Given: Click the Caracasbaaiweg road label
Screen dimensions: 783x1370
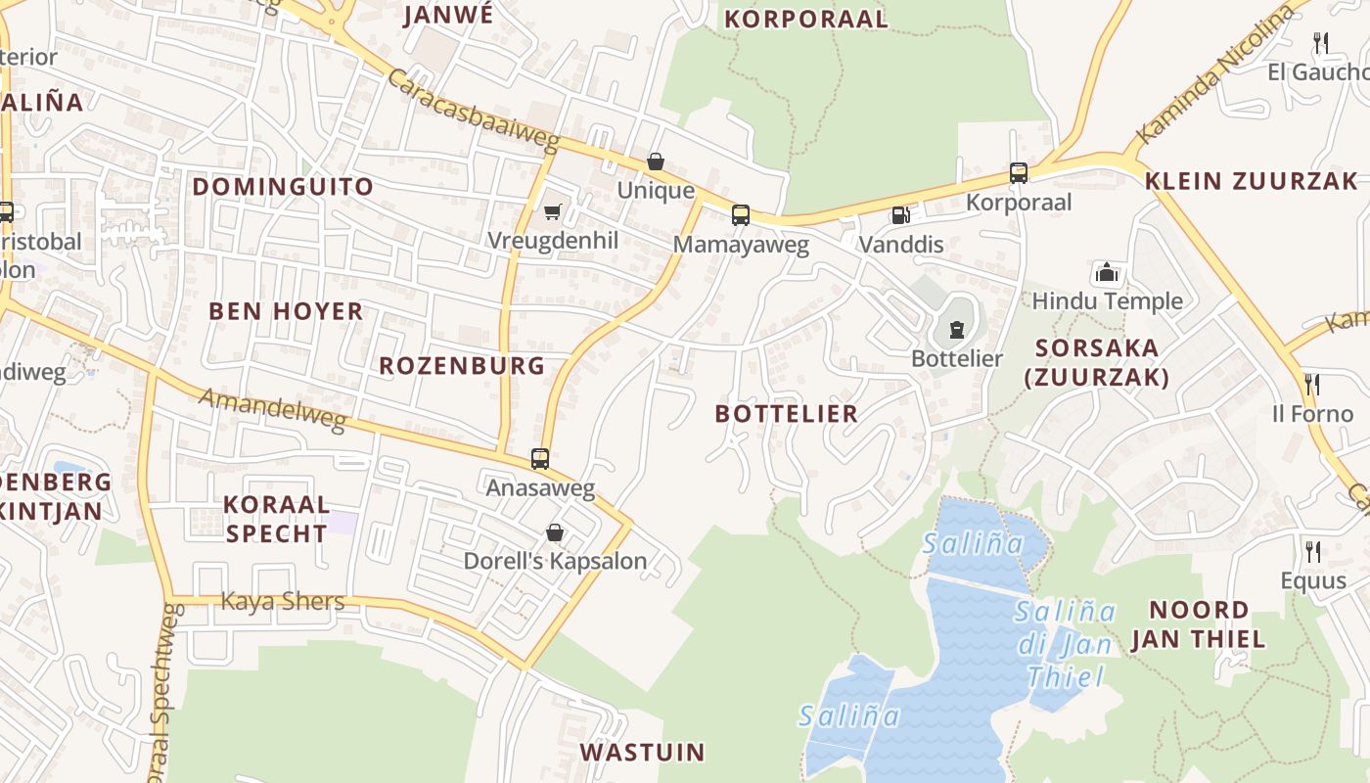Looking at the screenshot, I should coord(474,110).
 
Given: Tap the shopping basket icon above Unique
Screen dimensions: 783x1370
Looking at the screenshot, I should coord(656,161).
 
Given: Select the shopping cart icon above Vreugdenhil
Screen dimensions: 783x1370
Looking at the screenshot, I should coord(553,211).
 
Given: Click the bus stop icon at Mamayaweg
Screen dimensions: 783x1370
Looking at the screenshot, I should coord(741,214).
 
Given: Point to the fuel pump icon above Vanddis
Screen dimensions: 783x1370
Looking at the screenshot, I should coord(900,214).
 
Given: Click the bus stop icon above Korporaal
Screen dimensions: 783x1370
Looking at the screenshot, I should coord(1019,173).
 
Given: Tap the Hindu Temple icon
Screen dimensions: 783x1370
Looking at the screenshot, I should coord(1107,272).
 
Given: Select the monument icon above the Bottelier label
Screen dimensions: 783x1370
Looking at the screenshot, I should coord(956,330).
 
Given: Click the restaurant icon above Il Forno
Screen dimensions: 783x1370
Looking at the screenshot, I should coord(1312,384).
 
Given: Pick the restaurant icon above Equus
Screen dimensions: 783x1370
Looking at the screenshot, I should coord(1313,551).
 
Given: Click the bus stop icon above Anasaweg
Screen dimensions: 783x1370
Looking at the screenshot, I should coord(539,458).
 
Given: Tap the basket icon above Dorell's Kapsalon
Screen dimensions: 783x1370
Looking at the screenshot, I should coord(555,532).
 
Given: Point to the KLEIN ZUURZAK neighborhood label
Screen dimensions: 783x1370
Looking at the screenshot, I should coord(1252,181).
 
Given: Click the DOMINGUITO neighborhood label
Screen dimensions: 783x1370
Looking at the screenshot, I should coord(283,187).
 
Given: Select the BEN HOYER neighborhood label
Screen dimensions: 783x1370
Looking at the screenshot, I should coord(286,311).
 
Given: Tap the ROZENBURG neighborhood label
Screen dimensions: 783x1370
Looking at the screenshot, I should coord(462,366).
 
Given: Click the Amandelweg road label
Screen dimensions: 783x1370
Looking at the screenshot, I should coord(273,409).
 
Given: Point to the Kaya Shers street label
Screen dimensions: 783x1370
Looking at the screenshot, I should coord(283,601).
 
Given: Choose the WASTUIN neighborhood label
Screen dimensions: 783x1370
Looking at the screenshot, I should coord(642,752).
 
